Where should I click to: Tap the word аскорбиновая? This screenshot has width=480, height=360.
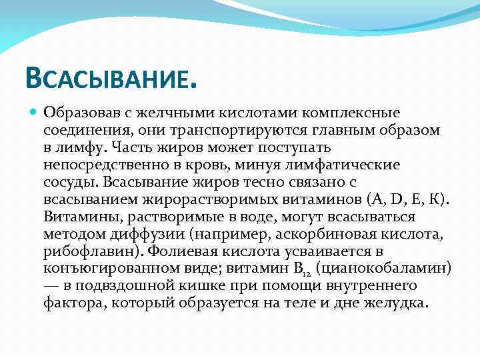(308, 234)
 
